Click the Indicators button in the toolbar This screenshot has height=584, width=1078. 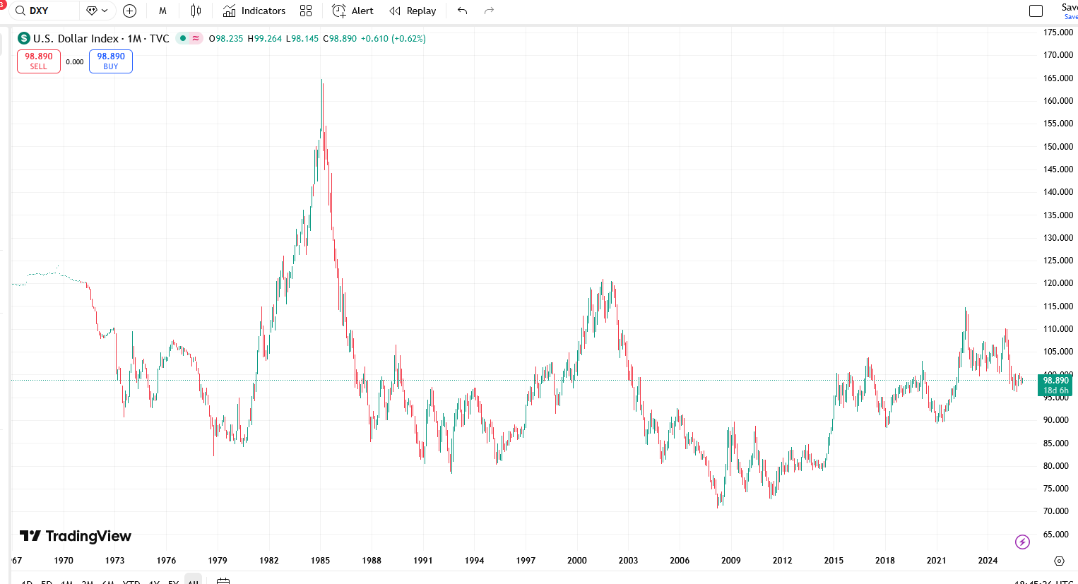254,11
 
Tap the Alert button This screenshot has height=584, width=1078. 353,11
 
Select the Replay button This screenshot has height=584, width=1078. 413,11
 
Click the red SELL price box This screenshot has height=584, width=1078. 39,61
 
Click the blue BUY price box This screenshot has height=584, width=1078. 111,61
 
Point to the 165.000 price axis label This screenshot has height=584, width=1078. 1058,78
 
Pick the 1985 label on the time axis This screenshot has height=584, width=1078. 320,561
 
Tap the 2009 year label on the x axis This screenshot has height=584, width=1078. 731,561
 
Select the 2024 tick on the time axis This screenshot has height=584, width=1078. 988,561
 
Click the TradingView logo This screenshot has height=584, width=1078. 76,536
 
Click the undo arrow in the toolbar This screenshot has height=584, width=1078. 463,11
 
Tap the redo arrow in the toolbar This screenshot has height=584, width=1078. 489,11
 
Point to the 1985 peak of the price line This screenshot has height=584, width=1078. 321,81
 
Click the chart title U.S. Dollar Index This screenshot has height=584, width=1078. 76,39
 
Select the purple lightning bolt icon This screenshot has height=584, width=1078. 1022,542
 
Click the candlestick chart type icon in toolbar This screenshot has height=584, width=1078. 196,11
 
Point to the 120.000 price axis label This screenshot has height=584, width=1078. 1058,283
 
